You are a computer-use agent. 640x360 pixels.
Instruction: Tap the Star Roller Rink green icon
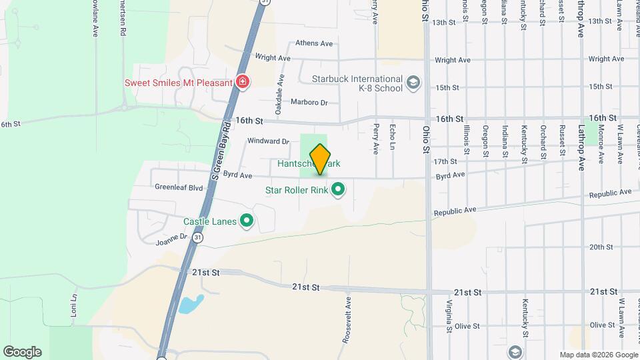[338, 190]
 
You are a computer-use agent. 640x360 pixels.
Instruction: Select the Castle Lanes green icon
[247, 221]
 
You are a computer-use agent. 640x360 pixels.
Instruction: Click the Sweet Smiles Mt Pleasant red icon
[243, 83]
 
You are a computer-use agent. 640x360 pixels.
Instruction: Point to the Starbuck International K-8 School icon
[413, 83]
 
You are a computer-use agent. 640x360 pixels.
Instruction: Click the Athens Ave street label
[314, 43]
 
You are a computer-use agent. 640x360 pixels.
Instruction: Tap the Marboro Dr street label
[310, 103]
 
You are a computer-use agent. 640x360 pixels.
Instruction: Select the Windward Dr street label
[268, 141]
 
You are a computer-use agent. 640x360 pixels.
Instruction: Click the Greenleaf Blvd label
[179, 188]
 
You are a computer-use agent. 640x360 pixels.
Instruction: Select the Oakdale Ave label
[280, 91]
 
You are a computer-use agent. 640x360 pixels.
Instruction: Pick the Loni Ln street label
[74, 305]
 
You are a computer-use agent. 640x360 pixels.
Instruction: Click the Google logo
[22, 352]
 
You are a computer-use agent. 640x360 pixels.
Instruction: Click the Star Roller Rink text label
[297, 191]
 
